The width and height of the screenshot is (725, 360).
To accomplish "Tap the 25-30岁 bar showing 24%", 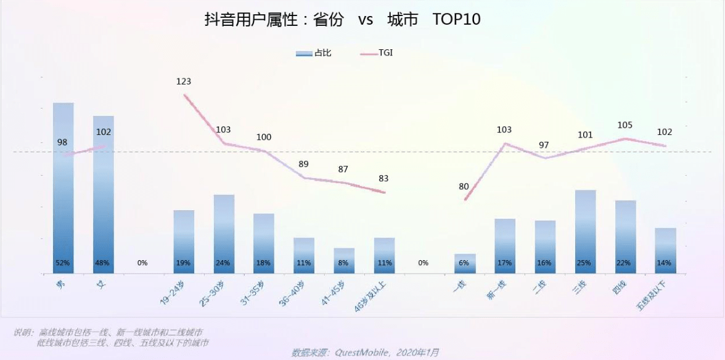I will click(224, 234).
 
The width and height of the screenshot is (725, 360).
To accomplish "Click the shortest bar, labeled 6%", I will click(465, 263).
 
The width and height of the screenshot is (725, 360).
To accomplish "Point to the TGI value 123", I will click(184, 81).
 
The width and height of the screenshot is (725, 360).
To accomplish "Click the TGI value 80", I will click(464, 187).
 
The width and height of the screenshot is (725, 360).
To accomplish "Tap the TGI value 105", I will click(625, 125).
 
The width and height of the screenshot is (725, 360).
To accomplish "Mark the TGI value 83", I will click(383, 179).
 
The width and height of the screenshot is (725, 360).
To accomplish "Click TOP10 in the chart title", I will click(456, 19).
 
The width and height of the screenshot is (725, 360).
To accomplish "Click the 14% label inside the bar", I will click(665, 263).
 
